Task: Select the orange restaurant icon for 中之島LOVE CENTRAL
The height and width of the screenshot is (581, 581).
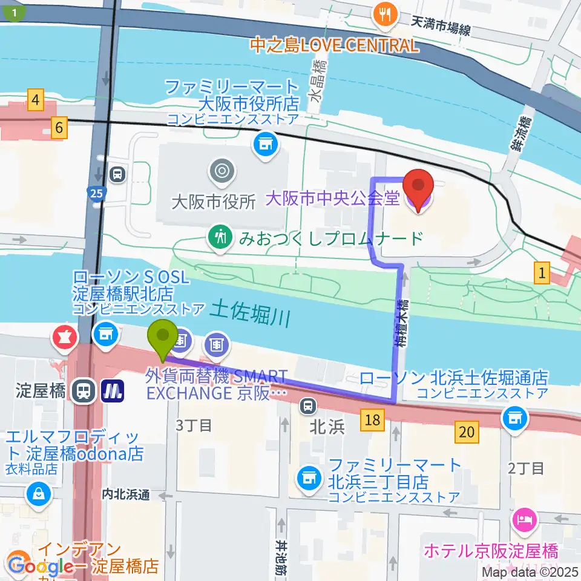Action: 385,14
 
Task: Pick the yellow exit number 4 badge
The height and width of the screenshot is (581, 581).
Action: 36,98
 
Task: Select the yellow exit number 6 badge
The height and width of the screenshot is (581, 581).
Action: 59,128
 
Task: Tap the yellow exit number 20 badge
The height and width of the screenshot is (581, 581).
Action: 466,432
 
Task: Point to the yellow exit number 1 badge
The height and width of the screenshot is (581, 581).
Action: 542,274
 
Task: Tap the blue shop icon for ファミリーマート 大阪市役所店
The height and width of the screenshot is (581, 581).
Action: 263,143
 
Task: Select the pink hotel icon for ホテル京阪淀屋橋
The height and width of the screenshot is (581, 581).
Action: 524,519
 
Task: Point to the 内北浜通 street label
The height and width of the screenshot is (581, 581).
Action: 125,494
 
